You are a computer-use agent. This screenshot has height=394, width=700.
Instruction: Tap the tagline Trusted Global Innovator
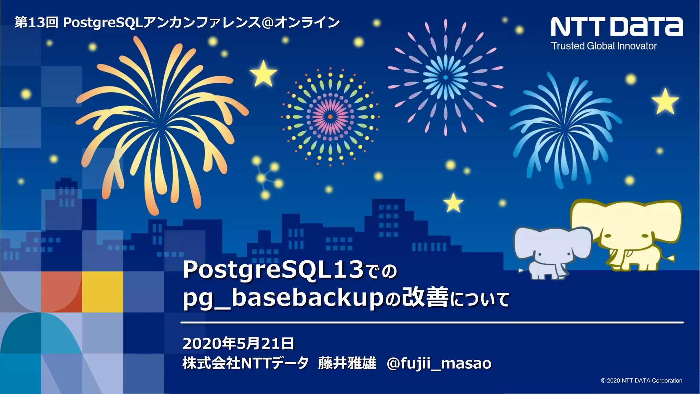click(604, 46)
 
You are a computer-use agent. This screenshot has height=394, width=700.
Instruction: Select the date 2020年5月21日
click(238, 343)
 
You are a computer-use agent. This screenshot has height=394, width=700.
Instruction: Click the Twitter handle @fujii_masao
click(439, 364)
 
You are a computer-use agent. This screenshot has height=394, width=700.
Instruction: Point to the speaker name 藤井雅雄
click(347, 363)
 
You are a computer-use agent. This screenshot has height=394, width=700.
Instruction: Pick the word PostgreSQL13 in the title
click(273, 270)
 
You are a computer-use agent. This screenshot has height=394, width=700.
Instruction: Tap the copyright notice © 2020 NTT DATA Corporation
click(641, 381)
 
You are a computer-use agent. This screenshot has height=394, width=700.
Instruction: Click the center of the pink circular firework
click(330, 117)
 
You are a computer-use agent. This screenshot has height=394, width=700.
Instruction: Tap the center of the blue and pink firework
click(445, 78)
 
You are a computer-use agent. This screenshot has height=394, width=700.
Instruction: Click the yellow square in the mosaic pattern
click(103, 292)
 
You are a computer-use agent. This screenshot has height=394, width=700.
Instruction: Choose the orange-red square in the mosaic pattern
click(62, 292)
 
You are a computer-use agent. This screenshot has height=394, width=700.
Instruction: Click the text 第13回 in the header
click(36, 23)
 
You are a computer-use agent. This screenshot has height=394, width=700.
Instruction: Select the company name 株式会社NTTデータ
click(245, 363)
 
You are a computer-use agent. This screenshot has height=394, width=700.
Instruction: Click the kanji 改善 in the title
click(425, 298)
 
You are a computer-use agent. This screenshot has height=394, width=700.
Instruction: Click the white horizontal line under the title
click(432, 322)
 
